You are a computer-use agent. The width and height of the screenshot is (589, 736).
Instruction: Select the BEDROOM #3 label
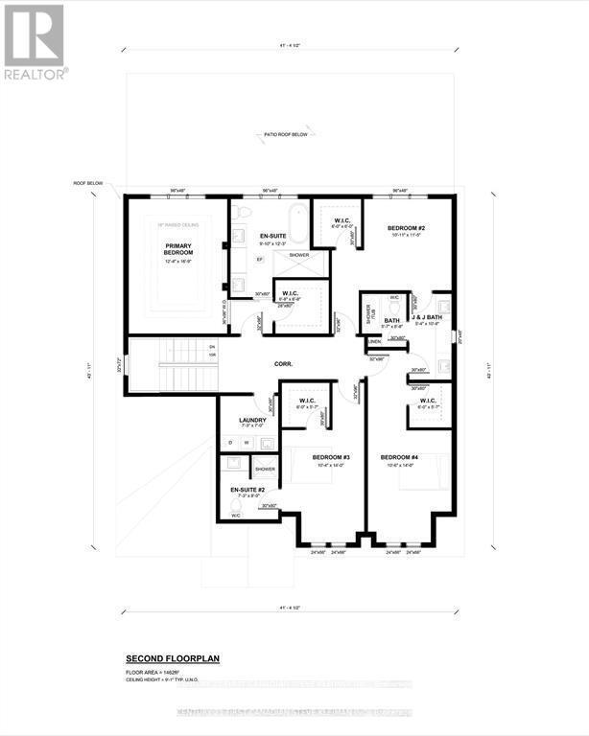tap(330, 457)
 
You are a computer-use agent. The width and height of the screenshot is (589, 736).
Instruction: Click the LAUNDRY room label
tap(251, 420)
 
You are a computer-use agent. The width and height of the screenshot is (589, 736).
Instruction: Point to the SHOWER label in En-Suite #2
tap(265, 470)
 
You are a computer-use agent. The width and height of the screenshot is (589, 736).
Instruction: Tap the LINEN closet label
tap(374, 341)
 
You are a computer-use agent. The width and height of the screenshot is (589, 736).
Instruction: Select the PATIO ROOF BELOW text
tap(286, 135)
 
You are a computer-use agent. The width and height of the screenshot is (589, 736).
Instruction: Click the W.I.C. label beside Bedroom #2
tap(342, 220)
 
